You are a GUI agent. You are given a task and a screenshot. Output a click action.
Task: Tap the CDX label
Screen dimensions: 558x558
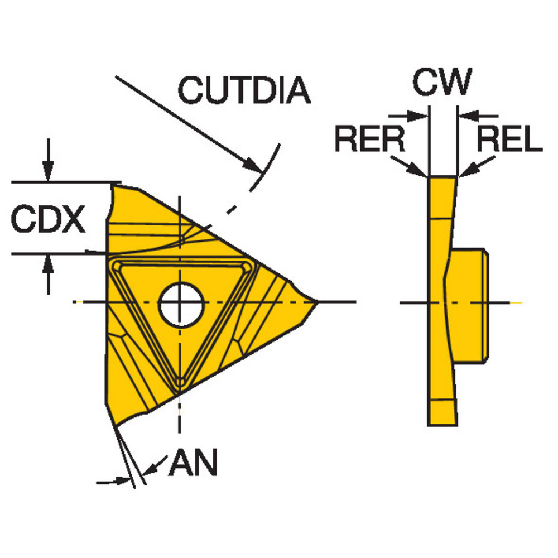[x=49, y=219]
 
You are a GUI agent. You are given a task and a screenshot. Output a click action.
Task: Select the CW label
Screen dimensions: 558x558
[x=442, y=82]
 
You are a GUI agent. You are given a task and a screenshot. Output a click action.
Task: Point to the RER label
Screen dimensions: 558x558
[x=370, y=139]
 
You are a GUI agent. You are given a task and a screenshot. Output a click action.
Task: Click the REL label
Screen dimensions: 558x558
[x=509, y=139]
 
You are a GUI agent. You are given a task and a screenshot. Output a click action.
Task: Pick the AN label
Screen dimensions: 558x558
[x=193, y=463]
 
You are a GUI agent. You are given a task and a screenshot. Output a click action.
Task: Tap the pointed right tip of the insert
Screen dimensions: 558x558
[x=316, y=302]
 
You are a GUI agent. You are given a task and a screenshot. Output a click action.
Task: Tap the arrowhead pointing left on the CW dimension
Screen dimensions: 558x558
[x=464, y=117]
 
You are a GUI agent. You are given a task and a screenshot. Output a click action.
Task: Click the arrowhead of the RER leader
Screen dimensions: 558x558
[x=421, y=171]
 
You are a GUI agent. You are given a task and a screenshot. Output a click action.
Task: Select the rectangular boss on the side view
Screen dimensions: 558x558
[x=469, y=304]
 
